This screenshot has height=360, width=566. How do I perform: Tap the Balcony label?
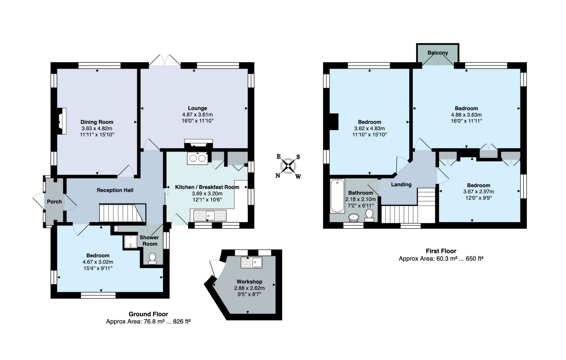click(x=438, y=53)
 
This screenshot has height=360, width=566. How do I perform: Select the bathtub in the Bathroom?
click(x=337, y=196)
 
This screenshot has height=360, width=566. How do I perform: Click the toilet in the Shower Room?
click(x=152, y=259)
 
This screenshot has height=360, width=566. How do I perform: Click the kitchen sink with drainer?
click(x=210, y=215)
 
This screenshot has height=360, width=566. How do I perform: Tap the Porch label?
click(x=54, y=202)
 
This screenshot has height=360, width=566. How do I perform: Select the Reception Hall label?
click(x=115, y=190)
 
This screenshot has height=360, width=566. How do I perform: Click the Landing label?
click(x=401, y=184)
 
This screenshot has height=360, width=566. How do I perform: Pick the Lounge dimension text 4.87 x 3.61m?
click(x=197, y=115)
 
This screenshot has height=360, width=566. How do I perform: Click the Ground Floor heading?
click(x=148, y=314)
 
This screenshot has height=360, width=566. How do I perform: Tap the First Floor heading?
click(x=441, y=251)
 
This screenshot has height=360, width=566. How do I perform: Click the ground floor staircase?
click(x=122, y=213)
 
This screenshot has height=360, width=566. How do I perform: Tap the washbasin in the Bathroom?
click(x=354, y=217)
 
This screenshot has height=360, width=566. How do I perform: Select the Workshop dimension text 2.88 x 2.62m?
click(x=249, y=288)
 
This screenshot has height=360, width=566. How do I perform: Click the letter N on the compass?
click(x=278, y=176)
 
